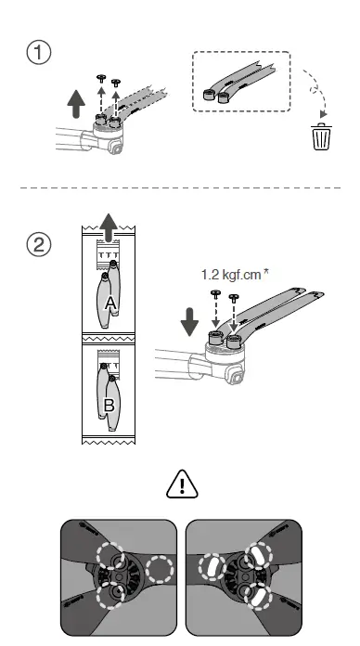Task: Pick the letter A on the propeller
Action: coord(109,304)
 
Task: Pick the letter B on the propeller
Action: coord(109,405)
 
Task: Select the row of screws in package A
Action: coord(110,253)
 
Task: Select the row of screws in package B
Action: coord(109,355)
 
